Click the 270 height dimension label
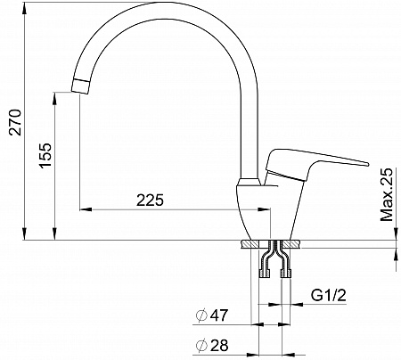click(x=15, y=122)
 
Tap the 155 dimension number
click(x=45, y=156)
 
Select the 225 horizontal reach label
click(x=150, y=200)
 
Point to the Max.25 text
click(x=387, y=194)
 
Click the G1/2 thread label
click(x=329, y=295)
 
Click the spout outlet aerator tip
click(x=80, y=86)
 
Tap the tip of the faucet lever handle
click(x=367, y=164)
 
